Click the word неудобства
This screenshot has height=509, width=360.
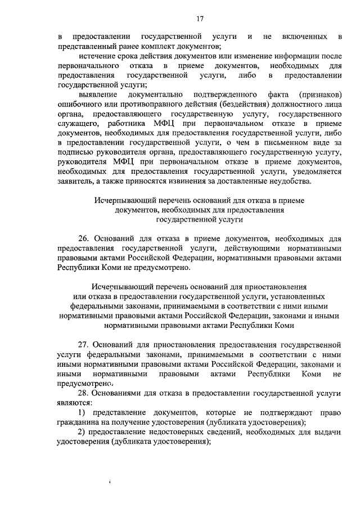point(296,181)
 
